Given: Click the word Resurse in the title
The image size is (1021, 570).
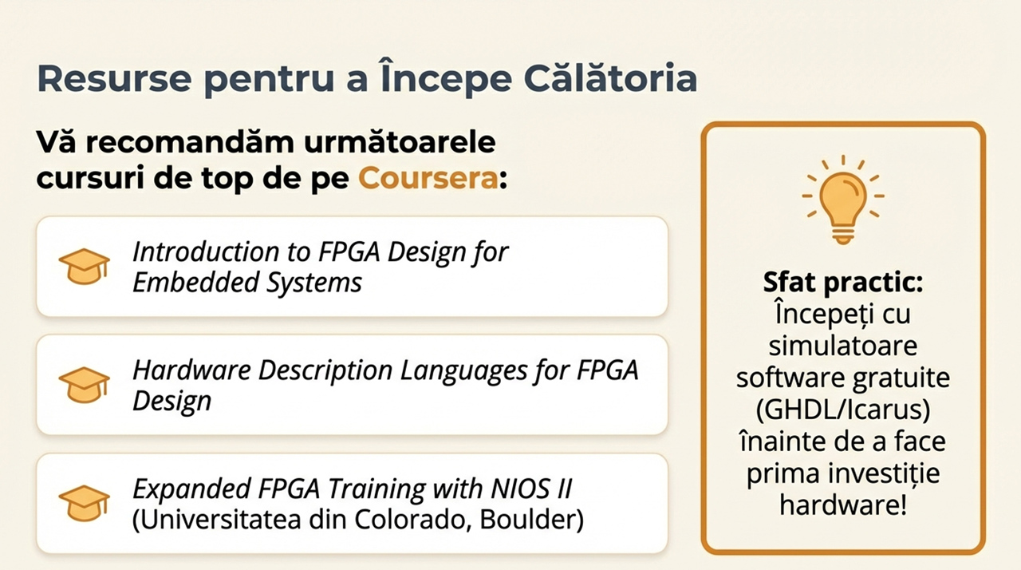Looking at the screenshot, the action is coord(114,78).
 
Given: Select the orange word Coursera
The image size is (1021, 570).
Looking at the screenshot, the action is coord(428,178).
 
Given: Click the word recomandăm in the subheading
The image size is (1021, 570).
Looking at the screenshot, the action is coord(191,142).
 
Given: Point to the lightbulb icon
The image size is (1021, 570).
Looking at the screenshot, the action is coord(843,200).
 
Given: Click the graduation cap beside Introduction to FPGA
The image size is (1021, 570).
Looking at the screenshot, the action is coord(85,267).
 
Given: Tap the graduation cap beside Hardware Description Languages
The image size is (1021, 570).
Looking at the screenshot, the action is coord(85,385).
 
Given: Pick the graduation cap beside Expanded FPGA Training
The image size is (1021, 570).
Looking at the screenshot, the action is coord(85,503).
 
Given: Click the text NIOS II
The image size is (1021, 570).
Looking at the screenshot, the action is coord(530,489).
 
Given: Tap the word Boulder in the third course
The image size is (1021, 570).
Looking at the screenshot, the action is coord(531,520).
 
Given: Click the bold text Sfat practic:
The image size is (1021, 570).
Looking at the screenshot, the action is coord(843,283).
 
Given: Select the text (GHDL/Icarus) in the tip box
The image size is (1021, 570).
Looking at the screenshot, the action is coord(843,410).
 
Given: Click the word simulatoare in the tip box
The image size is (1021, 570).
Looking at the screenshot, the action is coord(843,346).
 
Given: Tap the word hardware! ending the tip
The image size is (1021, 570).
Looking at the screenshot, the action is coord(843,505).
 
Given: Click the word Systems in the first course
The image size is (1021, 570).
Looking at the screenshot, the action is coord(314,283).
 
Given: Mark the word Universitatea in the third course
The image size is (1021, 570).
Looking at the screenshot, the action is coord(216,520).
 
